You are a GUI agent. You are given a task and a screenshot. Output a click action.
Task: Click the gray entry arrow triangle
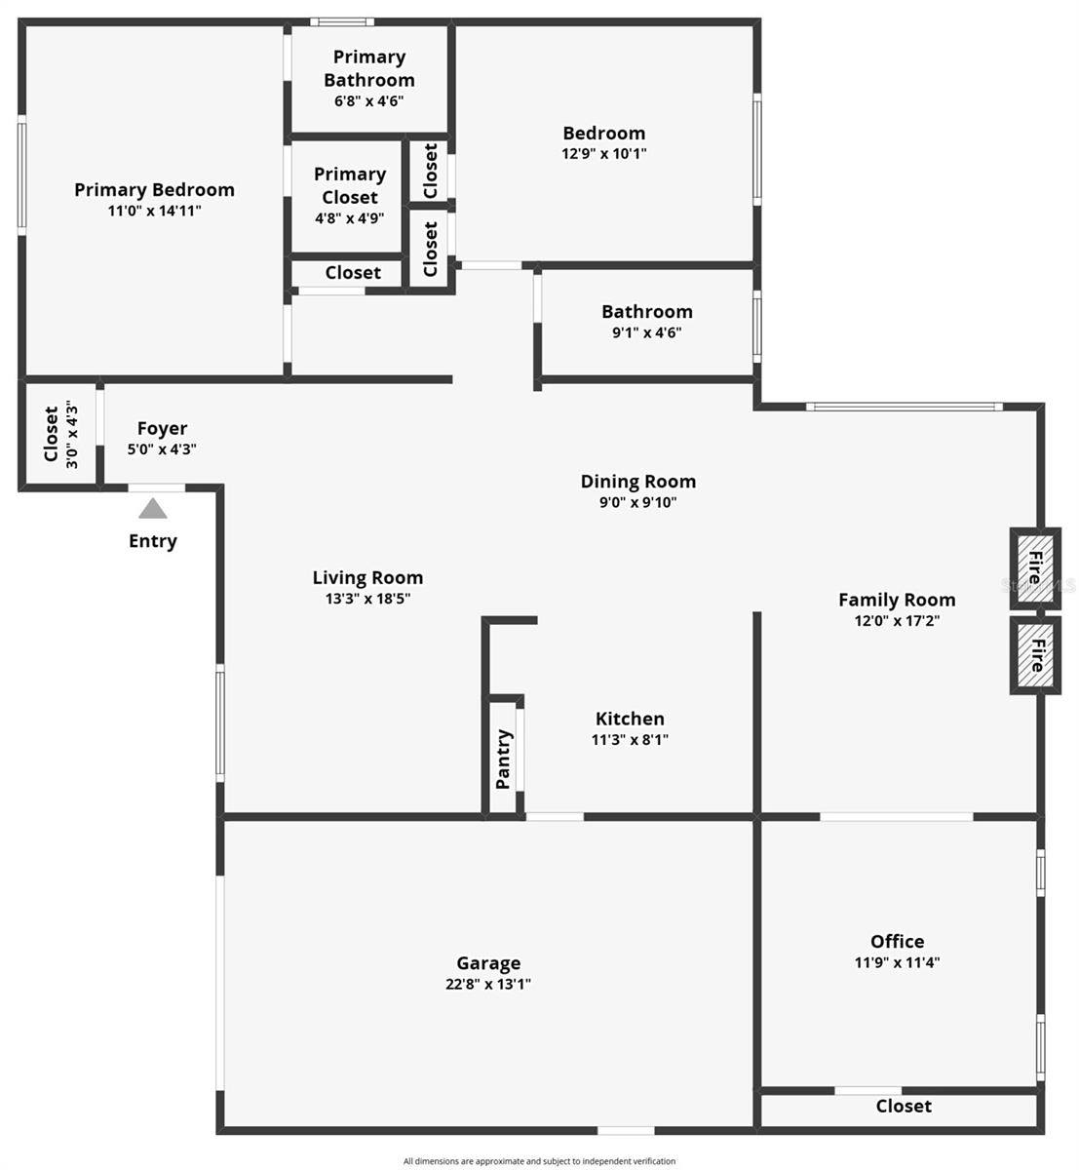point(152,508)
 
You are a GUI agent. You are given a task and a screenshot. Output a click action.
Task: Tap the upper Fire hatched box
point(1034,568)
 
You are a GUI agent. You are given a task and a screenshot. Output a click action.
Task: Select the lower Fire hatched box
point(1034,655)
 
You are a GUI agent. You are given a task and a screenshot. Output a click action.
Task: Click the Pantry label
point(503,759)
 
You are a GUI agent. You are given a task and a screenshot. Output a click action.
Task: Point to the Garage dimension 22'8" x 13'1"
point(488,984)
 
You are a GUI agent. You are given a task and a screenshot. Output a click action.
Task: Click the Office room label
point(897,941)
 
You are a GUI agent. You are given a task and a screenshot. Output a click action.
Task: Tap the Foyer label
point(162,428)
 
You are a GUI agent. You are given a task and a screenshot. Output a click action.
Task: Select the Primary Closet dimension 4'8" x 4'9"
point(349,218)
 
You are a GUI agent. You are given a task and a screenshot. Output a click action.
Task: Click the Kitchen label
point(630,719)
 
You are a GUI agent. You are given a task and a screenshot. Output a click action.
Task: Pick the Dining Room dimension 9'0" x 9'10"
point(637,502)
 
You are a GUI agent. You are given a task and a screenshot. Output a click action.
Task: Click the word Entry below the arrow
point(153,541)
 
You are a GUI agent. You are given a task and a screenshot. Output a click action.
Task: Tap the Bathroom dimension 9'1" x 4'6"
point(646,332)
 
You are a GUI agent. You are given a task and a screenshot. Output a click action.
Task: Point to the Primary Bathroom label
point(368,68)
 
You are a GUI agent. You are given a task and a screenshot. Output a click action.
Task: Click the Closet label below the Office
point(904,1106)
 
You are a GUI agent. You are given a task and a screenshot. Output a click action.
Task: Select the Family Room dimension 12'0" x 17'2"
point(897,620)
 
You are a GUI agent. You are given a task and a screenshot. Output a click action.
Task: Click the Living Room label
point(367,577)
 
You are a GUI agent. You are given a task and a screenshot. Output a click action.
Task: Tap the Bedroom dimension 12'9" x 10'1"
point(604,153)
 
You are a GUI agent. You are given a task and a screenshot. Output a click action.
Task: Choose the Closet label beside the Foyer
point(52,434)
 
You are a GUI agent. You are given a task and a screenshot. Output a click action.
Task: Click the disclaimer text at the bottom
point(539,1161)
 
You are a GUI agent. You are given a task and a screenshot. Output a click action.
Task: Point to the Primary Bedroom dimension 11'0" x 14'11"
point(154,210)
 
